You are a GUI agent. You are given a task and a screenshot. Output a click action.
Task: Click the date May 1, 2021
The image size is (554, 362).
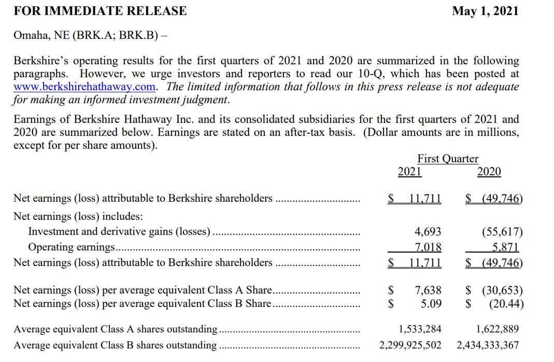click(x=485, y=11)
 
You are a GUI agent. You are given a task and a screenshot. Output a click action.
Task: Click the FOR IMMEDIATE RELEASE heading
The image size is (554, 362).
click(x=100, y=11)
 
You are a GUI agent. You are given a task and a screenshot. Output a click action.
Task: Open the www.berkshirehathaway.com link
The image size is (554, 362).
click(x=86, y=87)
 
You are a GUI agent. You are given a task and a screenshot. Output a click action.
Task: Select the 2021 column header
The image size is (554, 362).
click(x=409, y=172)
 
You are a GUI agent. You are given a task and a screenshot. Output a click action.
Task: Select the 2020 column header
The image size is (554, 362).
click(x=489, y=172)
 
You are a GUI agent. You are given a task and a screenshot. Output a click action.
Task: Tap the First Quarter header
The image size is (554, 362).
click(x=448, y=159)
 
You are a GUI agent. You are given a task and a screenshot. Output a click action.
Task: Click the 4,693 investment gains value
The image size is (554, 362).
click(x=428, y=232)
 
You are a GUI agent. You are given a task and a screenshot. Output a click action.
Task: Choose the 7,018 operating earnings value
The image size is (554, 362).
click(x=428, y=247)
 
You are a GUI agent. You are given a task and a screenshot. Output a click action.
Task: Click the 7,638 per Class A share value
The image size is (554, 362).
click(x=428, y=290)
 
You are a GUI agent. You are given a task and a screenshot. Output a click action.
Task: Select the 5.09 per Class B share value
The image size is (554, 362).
click(x=431, y=303)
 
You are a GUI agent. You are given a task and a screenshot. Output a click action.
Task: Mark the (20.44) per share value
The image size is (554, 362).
click(x=506, y=303)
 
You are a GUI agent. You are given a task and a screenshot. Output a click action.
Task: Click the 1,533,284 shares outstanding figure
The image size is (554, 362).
click(x=420, y=329)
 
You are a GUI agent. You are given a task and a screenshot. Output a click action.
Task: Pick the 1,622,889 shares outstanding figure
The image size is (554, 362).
click(x=497, y=329)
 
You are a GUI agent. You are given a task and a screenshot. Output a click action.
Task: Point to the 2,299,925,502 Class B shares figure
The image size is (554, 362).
click(x=410, y=345)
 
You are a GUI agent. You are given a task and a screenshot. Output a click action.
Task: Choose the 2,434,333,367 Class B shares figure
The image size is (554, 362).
click(x=488, y=345)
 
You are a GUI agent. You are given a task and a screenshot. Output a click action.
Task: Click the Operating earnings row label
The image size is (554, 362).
click(x=72, y=247)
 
